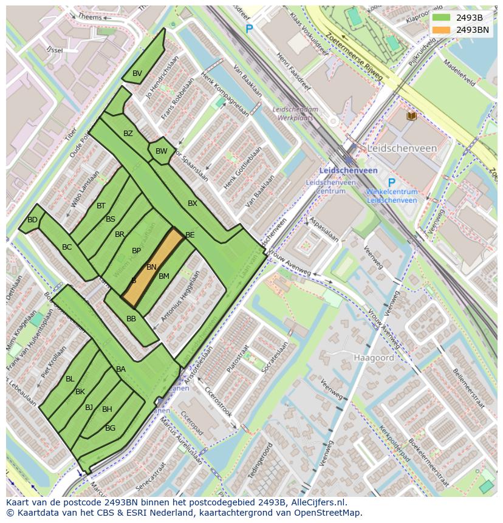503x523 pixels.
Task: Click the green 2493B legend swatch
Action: click(442, 18)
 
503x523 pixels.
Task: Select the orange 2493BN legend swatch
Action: click(442, 29)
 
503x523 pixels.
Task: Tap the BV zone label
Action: click(137, 73)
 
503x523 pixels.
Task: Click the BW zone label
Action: click(161, 151)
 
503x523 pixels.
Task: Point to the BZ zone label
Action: click(128, 134)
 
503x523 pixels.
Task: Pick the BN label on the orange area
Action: click(151, 267)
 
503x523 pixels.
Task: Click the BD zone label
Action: click(32, 220)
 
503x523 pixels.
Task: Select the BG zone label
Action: click(110, 428)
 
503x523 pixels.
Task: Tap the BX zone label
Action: click(193, 203)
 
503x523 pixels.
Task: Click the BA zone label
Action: click(121, 369)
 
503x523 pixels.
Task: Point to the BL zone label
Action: click(70, 379)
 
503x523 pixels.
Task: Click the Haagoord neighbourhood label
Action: click(374, 358)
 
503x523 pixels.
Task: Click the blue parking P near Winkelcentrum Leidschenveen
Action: click(391, 183)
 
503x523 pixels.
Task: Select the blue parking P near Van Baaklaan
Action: click(249, 29)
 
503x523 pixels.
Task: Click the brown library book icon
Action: click(411, 115)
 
